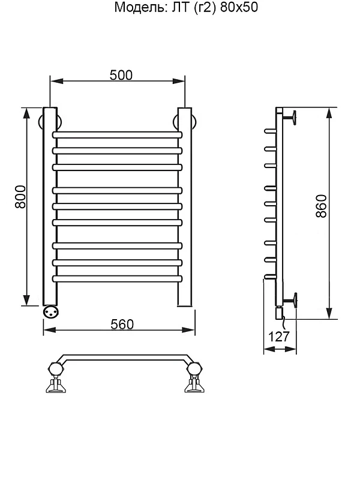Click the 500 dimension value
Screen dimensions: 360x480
(121, 76)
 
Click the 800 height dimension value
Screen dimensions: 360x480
(21, 197)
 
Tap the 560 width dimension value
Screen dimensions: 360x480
(122, 325)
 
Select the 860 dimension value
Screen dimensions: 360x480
(321, 206)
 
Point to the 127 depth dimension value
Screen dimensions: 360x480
(279, 337)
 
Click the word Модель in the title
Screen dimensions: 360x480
(140, 7)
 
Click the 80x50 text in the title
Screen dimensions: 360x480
(239, 7)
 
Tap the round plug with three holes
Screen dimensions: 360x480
(50, 311)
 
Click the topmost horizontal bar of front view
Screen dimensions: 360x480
(117, 134)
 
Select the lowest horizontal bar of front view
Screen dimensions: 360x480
(117, 278)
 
